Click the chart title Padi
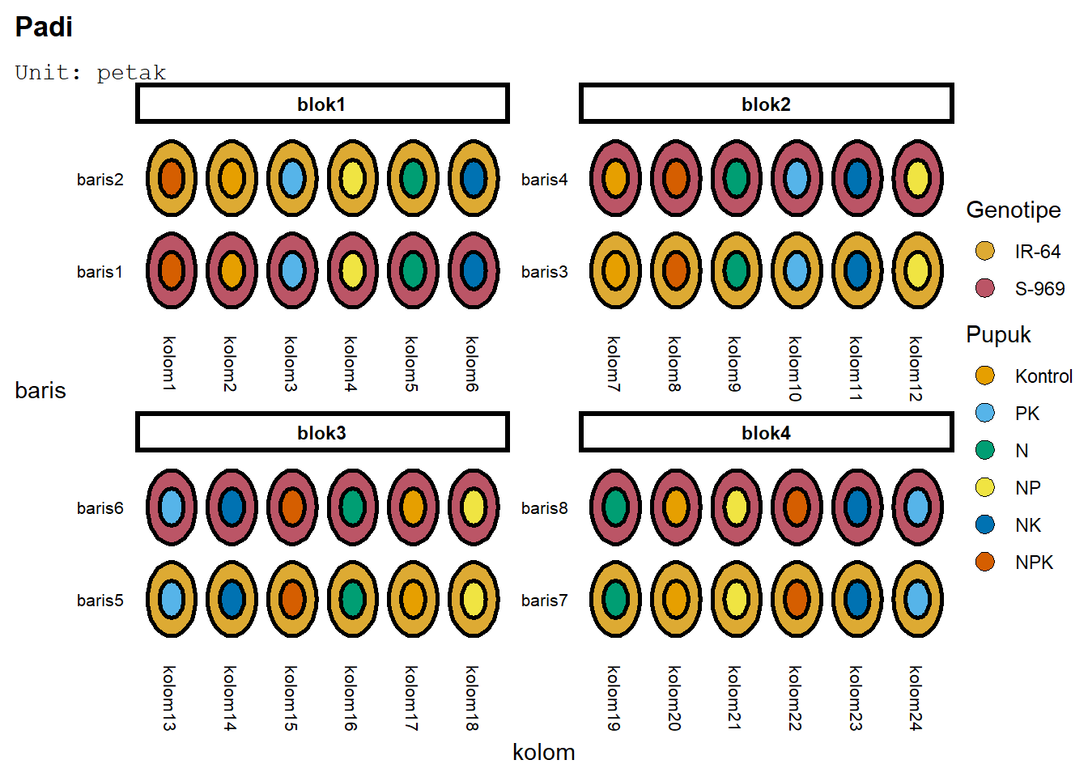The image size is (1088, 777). coord(44,27)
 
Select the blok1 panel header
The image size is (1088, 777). coord(322,104)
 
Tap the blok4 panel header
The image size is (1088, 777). coord(766,433)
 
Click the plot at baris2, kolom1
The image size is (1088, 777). coord(172,178)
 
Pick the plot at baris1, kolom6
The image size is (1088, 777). coord(474,270)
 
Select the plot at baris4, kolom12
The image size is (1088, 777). coord(917,178)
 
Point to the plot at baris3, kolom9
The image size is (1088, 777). coord(736,270)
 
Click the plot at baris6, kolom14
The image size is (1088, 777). coord(232,507)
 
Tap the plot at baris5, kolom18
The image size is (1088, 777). coord(474,600)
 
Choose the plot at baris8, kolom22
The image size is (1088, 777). coord(797,507)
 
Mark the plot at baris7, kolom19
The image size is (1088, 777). coord(615,600)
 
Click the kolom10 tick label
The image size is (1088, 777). coord(795,368)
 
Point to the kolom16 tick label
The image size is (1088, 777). coord(351,698)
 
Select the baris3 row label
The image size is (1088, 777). coord(544,272)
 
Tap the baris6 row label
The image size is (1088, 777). coord(100,508)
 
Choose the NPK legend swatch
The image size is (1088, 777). coord(985,562)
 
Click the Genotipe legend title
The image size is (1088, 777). coord(1013,210)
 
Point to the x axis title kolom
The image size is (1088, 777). coord(543,753)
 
